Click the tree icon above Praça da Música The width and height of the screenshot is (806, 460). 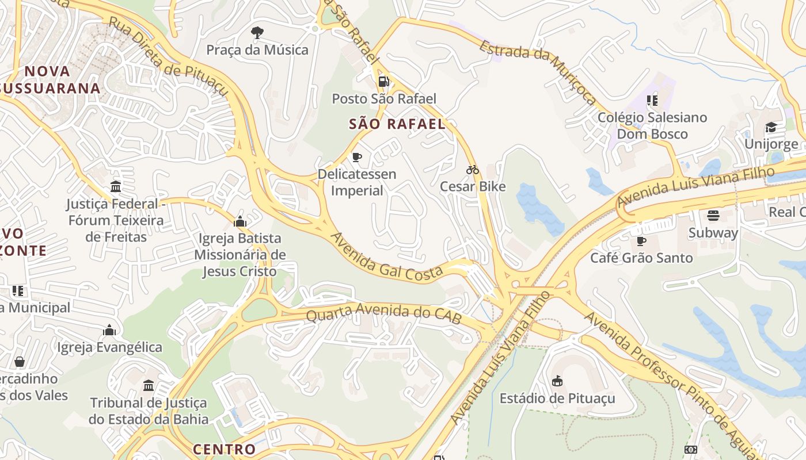pyautogui.click(x=257, y=33)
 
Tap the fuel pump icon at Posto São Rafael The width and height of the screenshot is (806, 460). pyautogui.click(x=384, y=82)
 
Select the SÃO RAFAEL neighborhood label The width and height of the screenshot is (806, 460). pyautogui.click(x=397, y=124)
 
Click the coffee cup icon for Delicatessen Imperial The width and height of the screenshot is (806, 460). pyautogui.click(x=357, y=157)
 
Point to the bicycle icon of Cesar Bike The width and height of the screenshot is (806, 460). pyautogui.click(x=473, y=170)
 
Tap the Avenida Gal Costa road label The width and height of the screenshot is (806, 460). pyautogui.click(x=386, y=258)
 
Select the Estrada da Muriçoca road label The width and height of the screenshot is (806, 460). pyautogui.click(x=538, y=72)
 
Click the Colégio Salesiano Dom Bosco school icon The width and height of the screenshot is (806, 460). pyautogui.click(x=652, y=101)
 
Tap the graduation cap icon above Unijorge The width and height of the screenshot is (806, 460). pyautogui.click(x=771, y=127)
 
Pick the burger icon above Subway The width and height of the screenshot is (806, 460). pyautogui.click(x=713, y=216)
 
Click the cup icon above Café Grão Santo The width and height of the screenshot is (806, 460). pyautogui.click(x=641, y=241)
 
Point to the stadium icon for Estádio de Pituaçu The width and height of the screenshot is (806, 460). pyautogui.click(x=557, y=381)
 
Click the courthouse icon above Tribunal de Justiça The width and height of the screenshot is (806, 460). pyautogui.click(x=149, y=385)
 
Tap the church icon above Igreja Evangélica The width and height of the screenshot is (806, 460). pyautogui.click(x=109, y=330)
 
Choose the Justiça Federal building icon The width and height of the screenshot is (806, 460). pyautogui.click(x=116, y=187)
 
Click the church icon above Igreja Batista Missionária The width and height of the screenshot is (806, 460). pyautogui.click(x=240, y=221)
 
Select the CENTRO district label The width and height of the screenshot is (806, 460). pyautogui.click(x=224, y=449)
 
